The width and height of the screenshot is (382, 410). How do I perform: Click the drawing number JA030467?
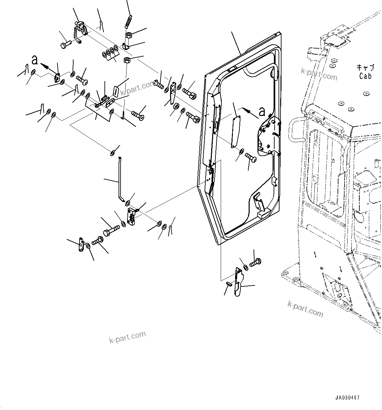point(348,398)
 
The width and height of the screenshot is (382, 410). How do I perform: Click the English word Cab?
point(365,76)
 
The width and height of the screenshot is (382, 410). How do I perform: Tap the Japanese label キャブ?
point(365,68)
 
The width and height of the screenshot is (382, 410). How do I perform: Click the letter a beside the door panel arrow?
point(262,112)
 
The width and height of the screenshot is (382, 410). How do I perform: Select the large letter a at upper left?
point(34,60)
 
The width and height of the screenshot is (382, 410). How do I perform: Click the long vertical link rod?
point(120,177)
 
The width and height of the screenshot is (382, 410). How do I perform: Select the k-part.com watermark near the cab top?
point(319,74)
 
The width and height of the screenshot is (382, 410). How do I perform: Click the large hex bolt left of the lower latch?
point(111,230)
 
